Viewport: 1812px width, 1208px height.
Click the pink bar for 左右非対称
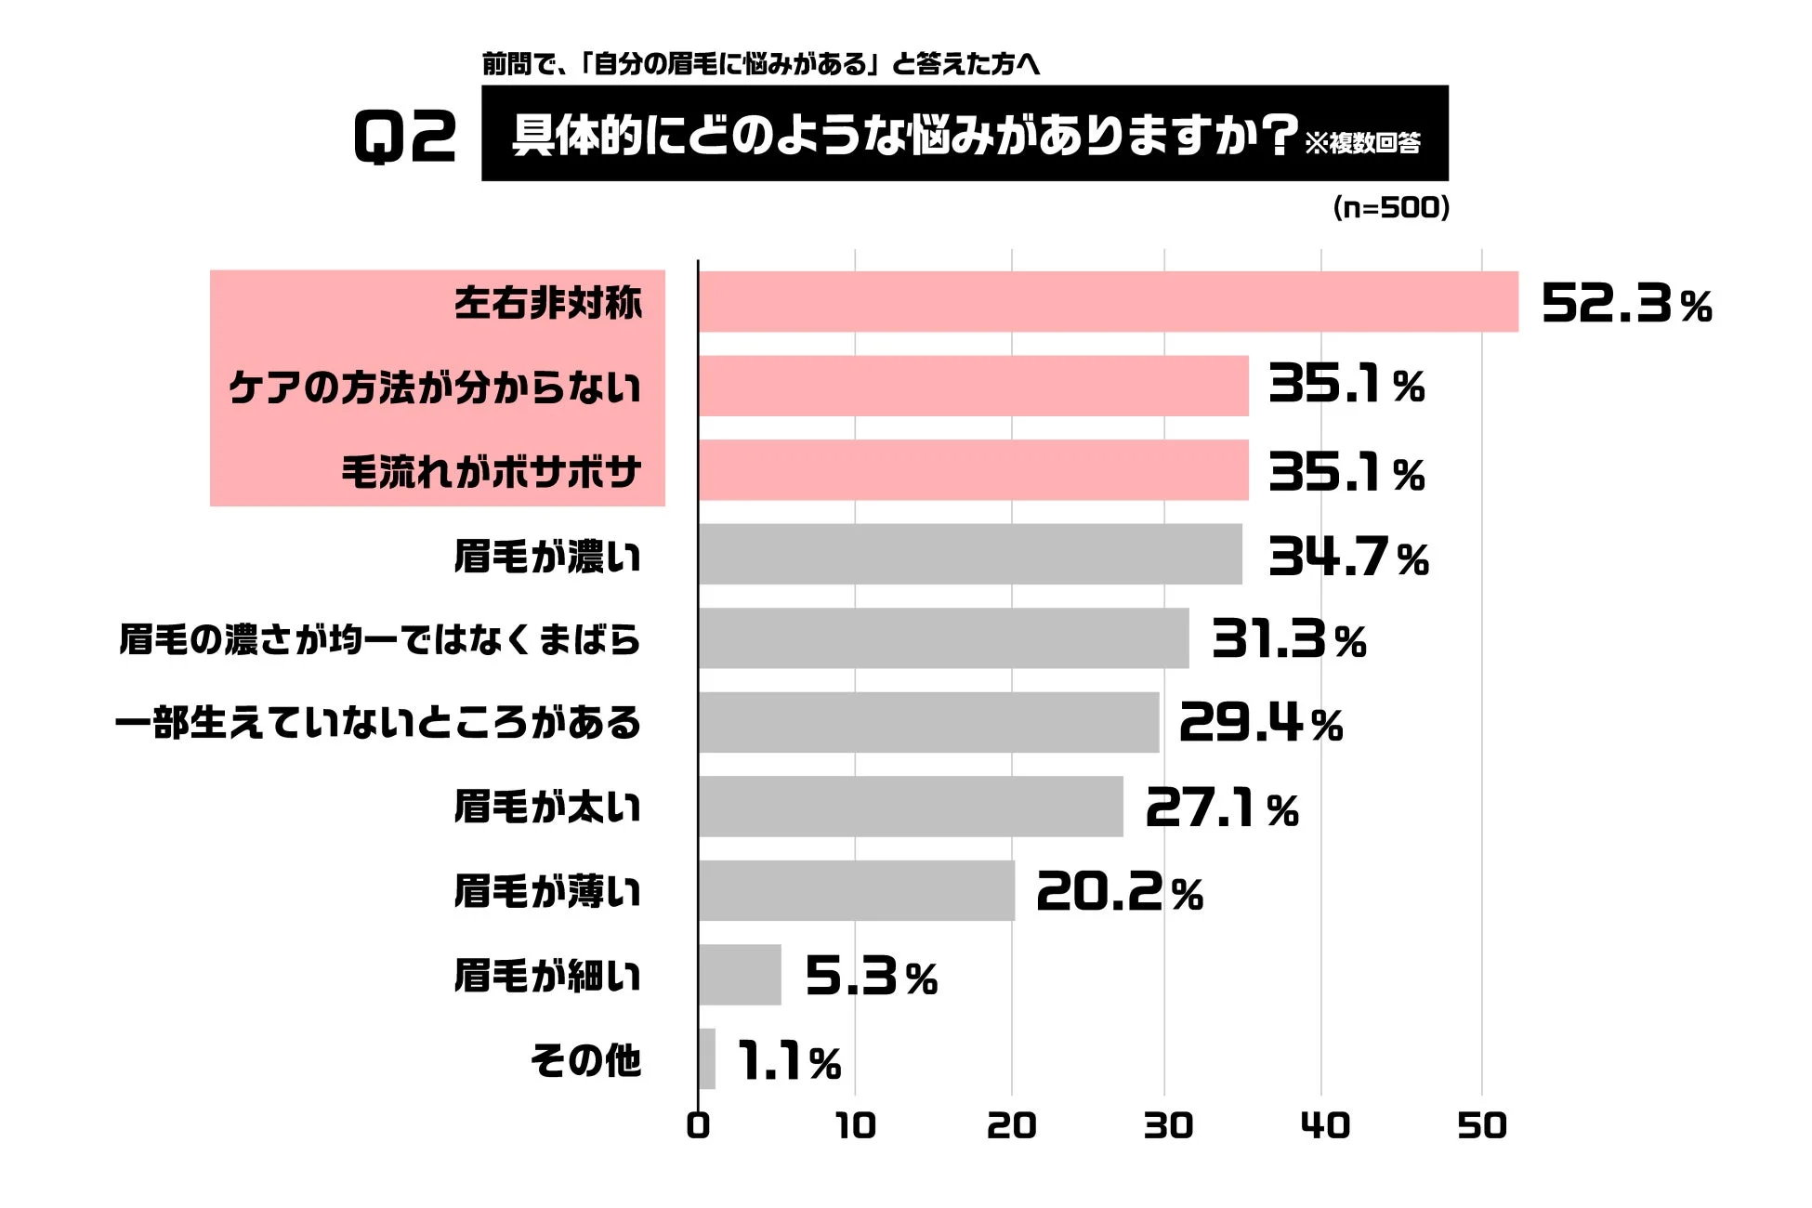click(1108, 302)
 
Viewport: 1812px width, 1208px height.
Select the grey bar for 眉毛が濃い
click(970, 555)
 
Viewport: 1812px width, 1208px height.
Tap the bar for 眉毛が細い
click(741, 975)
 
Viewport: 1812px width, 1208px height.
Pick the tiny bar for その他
click(707, 1059)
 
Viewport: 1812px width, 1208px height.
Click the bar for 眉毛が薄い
click(857, 891)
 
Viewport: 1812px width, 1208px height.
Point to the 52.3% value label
click(1626, 304)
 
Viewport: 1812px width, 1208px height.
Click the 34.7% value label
click(1348, 558)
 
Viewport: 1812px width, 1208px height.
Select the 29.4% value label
click(1261, 723)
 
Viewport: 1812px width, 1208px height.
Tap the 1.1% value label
click(789, 1061)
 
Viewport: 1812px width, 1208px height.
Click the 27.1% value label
click(1222, 808)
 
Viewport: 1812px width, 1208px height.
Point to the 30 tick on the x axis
click(1167, 1126)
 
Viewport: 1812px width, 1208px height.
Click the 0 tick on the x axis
click(698, 1126)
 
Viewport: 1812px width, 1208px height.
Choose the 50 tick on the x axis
click(1481, 1126)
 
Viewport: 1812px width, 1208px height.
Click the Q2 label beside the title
click(405, 137)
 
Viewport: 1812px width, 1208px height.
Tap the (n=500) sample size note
click(1391, 207)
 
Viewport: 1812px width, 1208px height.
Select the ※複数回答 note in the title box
click(1363, 143)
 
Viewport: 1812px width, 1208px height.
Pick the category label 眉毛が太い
click(547, 807)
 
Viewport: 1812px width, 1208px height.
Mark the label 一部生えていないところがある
click(378, 723)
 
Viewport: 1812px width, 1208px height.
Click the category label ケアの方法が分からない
click(435, 387)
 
